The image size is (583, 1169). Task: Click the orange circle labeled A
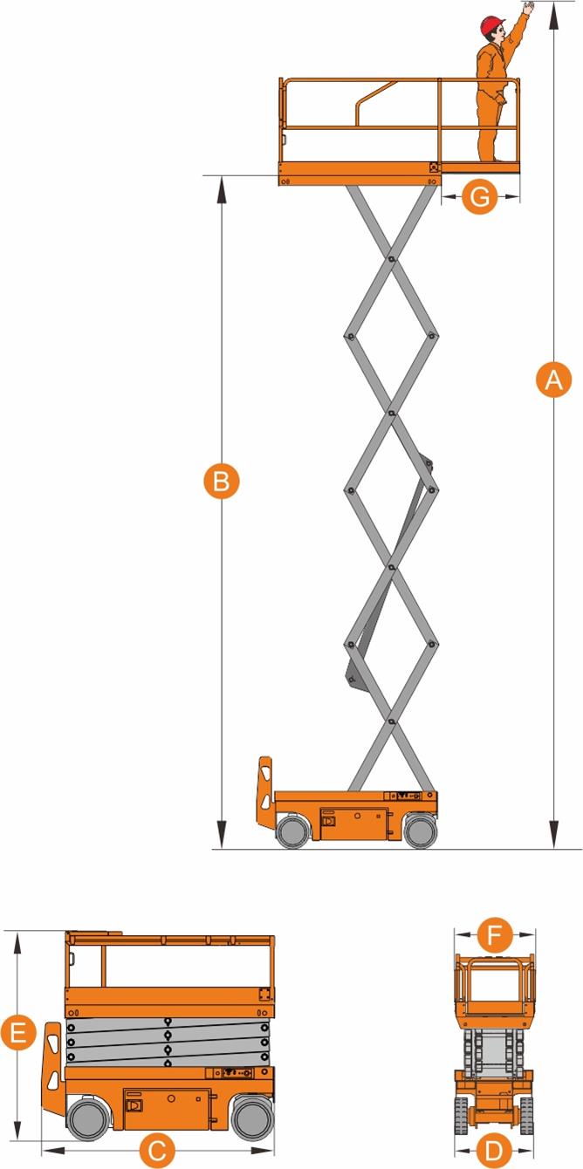coord(553,379)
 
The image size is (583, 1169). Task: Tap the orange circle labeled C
coord(157,1150)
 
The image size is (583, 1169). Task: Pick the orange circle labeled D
coord(493,1150)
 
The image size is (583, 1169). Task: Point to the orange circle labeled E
coord(18,1032)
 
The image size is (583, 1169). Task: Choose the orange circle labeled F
coord(494,934)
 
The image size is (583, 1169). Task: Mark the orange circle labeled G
coord(480,197)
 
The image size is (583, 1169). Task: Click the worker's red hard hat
coord(492,25)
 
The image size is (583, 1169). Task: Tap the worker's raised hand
coord(529,7)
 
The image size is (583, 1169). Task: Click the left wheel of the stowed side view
coord(88,1118)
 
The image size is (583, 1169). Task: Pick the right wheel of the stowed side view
coord(253,1118)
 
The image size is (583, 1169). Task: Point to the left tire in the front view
coord(460,1115)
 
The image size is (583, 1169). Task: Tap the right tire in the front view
coord(526,1115)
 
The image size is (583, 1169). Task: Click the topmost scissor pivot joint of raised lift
coord(390,259)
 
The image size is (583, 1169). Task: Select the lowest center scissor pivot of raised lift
coord(390,721)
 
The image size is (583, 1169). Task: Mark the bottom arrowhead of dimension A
coord(554,836)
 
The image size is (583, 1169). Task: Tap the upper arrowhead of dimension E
coord(18,944)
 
